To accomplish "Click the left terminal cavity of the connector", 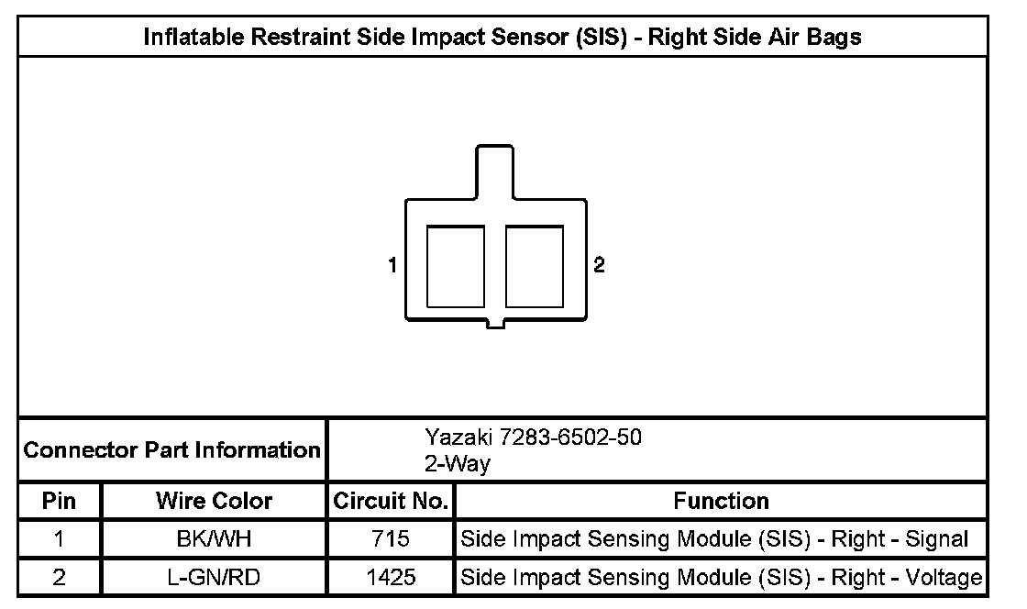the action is click(x=456, y=267).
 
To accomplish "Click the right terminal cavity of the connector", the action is click(x=535, y=267).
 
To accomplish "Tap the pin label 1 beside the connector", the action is click(x=392, y=266).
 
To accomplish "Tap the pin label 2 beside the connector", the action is click(x=599, y=266).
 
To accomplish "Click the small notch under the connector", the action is click(x=495, y=322).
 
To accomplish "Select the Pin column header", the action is click(x=60, y=501).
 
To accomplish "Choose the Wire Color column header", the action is click(x=214, y=501).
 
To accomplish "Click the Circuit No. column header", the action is click(x=391, y=501).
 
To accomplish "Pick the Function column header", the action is click(x=721, y=501).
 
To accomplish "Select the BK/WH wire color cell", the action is click(x=214, y=539).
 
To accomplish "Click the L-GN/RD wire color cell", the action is click(x=214, y=578).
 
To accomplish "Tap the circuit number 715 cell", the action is click(x=391, y=539).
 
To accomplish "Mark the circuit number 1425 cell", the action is click(x=391, y=578).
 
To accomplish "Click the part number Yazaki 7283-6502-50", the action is click(x=533, y=437).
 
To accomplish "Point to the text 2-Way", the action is click(x=457, y=464).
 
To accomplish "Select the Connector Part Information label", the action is click(x=171, y=450).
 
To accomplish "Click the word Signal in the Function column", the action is click(x=937, y=539).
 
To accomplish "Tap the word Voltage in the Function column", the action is click(x=944, y=578).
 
